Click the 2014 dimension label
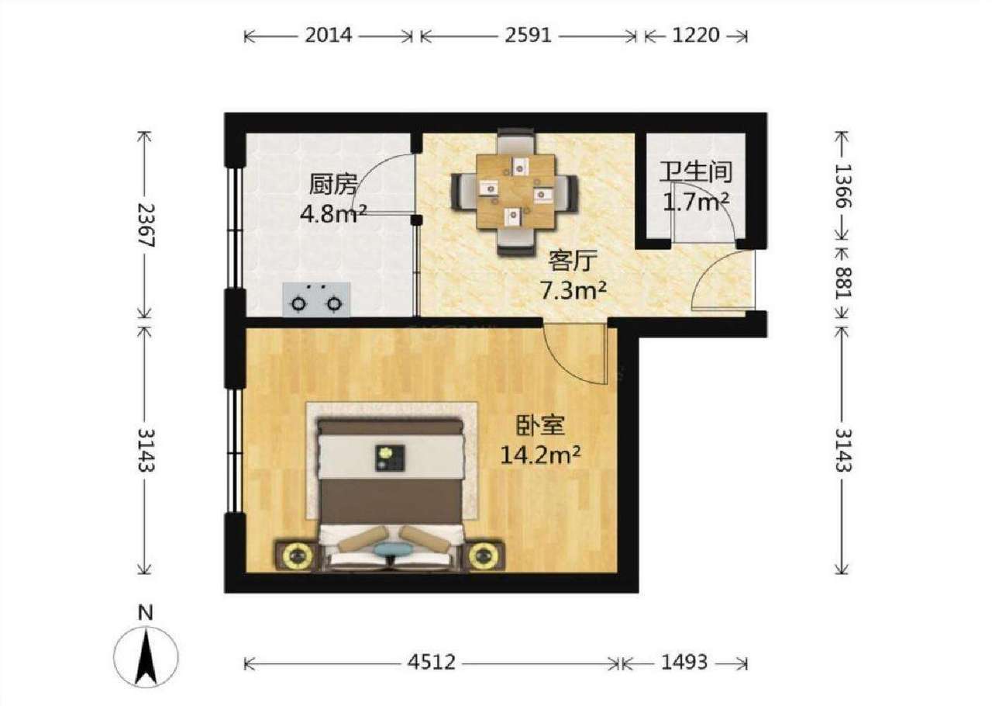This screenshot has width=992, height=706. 328,35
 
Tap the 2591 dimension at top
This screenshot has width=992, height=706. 529,35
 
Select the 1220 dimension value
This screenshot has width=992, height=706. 696,35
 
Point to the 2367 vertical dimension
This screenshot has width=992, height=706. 145,225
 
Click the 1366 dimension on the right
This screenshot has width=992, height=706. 842,186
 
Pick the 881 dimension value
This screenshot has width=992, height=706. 842,282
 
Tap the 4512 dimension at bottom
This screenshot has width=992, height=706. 432,662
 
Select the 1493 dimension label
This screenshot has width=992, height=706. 684,662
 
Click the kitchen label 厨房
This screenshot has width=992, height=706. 332,184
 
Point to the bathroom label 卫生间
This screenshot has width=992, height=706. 696,172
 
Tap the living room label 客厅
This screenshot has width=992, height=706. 573,261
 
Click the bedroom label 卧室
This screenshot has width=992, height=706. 540,425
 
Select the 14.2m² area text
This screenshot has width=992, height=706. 540,455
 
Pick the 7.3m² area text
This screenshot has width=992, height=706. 573,292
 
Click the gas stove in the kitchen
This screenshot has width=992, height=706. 317,299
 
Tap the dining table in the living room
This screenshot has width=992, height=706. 515,192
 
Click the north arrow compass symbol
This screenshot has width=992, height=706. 146,657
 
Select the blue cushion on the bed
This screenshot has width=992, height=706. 392,550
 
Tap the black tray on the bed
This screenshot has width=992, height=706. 390,458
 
